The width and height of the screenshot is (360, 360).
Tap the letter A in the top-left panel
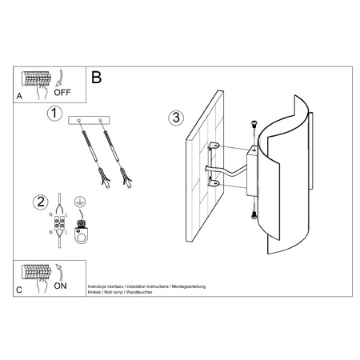(x=19, y=94)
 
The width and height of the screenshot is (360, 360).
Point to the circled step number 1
(x=54, y=114)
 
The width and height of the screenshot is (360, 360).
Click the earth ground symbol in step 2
(x=79, y=204)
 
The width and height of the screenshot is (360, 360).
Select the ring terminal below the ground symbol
(x=79, y=237)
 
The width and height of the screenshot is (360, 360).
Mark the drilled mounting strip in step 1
(x=90, y=120)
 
